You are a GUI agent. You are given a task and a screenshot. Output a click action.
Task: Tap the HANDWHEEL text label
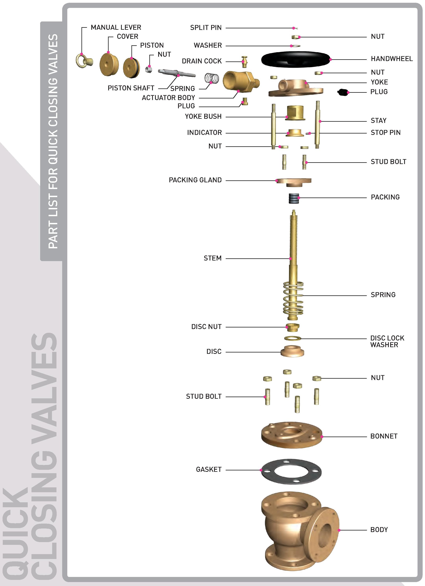392,59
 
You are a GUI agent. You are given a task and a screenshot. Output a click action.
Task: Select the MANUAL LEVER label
116,27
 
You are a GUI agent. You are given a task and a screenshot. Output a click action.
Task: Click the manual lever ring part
84,61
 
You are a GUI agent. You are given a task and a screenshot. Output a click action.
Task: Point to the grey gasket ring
291,471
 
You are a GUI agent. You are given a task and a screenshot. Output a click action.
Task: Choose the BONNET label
384,436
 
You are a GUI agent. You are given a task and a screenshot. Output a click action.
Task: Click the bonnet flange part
292,435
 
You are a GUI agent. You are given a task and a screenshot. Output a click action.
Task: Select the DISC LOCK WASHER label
387,341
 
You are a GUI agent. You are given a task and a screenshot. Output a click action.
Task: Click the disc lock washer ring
293,338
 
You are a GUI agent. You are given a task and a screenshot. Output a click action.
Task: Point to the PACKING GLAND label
195,180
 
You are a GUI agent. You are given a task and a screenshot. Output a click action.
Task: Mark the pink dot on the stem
290,259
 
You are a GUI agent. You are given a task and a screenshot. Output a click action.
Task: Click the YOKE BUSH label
203,117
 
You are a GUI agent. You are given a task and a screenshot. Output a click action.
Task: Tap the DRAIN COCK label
202,61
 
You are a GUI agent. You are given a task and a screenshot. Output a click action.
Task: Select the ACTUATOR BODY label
168,98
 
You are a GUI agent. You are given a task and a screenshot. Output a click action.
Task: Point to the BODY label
379,530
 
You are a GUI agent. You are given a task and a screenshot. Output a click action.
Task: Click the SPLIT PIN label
206,28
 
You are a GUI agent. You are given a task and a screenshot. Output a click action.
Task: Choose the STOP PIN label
385,133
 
